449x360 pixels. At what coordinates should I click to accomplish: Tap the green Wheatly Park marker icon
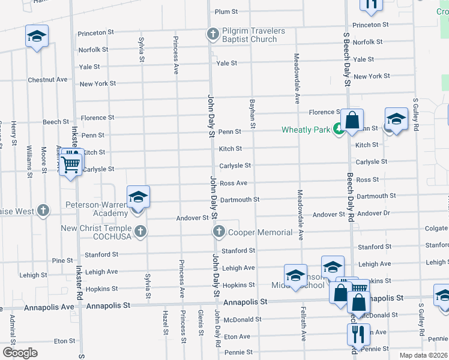(339, 129)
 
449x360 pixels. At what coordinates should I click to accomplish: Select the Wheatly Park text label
(306, 130)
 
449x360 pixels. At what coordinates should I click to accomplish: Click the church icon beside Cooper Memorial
(218, 232)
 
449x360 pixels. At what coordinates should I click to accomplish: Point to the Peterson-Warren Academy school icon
(137, 197)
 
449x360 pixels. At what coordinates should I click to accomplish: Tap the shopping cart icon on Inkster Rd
(71, 163)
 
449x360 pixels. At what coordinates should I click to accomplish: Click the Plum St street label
(226, 11)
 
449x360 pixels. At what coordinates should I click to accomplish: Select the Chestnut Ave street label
(47, 80)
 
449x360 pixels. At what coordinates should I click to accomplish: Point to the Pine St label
(62, 260)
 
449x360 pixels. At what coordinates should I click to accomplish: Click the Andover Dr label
(373, 214)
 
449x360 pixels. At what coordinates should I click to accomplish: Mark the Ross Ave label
(234, 183)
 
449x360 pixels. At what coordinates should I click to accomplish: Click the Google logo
(20, 353)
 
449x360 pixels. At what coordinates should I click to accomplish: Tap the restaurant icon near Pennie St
(358, 334)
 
